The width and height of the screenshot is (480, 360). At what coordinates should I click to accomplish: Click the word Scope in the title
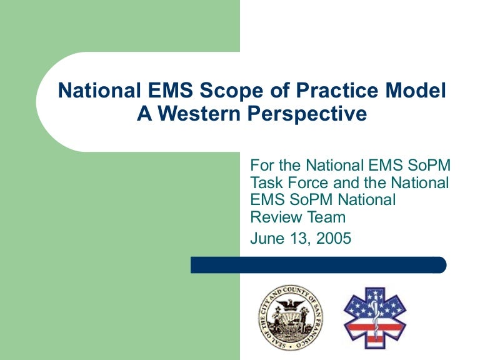tap(227, 92)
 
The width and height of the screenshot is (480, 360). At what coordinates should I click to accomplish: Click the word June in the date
tap(266, 238)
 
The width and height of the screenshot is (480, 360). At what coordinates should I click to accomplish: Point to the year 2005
tap(332, 238)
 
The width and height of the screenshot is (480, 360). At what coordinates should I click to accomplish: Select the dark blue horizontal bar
tap(318, 265)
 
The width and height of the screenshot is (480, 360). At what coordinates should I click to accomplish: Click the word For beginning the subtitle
tap(261, 166)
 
